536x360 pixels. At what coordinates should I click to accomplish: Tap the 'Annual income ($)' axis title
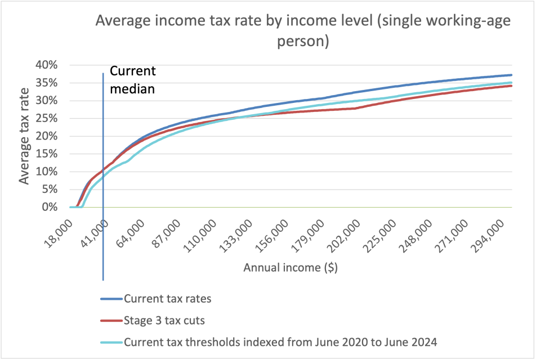point(291,268)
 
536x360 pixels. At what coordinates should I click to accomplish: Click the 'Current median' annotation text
point(132,80)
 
